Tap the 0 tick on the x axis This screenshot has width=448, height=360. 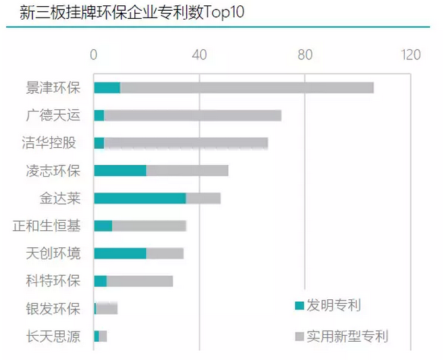tap(94, 55)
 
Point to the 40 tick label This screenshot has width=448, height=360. tap(199, 55)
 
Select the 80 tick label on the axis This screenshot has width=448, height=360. tap(305, 55)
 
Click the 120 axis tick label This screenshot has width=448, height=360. tap(410, 55)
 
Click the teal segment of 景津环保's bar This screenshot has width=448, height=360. tap(107, 88)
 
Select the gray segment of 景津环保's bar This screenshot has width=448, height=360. tap(246, 88)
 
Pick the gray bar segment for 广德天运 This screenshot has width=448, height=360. tap(192, 115)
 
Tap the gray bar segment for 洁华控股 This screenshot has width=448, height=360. tap(186, 143)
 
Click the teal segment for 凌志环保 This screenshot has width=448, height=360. tap(119, 170)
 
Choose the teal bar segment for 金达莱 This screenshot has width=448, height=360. tap(140, 198)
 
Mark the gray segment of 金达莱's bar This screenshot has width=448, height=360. tap(203, 198)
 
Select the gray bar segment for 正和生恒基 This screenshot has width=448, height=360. tap(149, 226)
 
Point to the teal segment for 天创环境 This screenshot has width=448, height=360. tap(119, 253)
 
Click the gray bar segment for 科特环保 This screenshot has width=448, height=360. tap(140, 281)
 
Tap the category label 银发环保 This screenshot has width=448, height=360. tap(53, 309)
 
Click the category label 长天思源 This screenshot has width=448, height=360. tap(53, 336)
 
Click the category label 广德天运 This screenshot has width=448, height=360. tap(53, 115)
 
